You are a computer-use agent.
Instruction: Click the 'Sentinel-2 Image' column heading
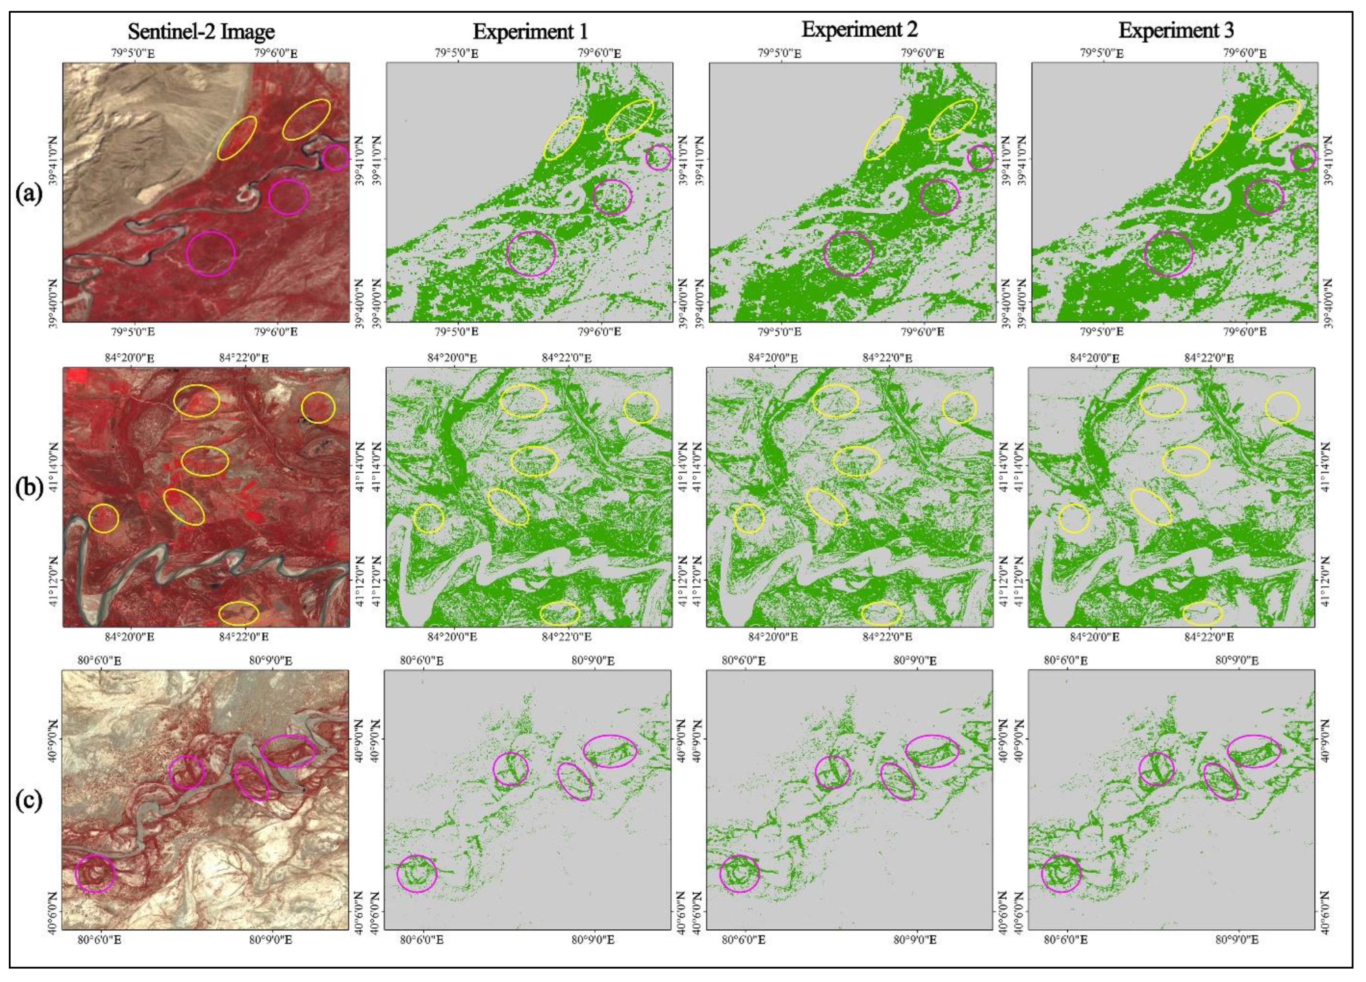point(201,31)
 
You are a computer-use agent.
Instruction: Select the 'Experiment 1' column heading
point(530,31)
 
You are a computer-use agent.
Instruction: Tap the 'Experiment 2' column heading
point(859,30)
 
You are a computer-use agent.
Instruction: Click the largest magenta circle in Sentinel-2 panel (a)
point(210,254)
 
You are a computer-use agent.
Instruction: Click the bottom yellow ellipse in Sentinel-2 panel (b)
point(239,613)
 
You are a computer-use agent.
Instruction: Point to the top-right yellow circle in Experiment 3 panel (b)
point(1282,408)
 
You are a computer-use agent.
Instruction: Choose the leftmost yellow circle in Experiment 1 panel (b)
point(429,517)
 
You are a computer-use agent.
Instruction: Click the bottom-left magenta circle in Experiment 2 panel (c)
point(740,873)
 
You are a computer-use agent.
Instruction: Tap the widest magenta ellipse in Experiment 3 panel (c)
point(1254,751)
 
